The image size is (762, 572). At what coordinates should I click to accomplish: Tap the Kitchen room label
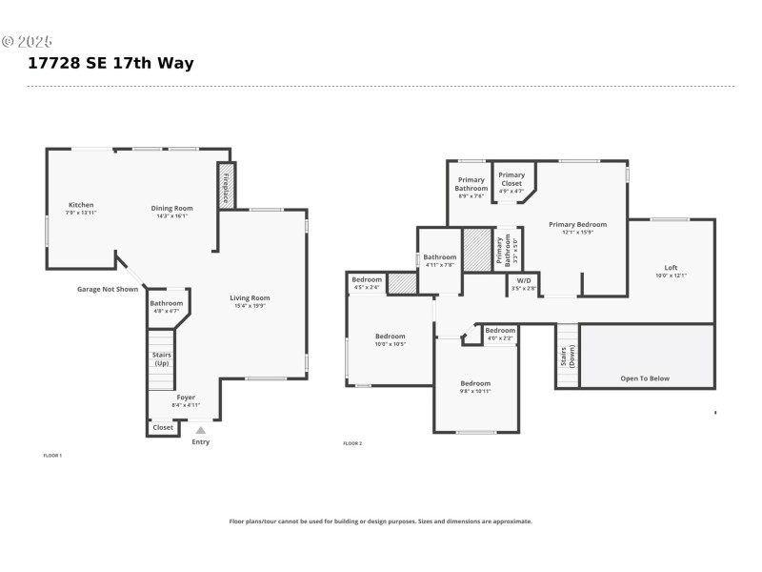tap(81, 205)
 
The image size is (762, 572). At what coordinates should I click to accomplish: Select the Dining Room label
tap(171, 208)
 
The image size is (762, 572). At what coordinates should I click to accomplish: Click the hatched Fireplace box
tap(227, 186)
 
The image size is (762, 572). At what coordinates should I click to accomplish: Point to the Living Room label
tap(250, 298)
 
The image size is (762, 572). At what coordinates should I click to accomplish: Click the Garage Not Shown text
tap(108, 289)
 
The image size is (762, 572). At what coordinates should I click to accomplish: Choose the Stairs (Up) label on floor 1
tap(162, 358)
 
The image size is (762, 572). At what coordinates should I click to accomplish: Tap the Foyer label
tap(186, 398)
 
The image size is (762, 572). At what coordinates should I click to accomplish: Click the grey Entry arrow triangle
tap(201, 430)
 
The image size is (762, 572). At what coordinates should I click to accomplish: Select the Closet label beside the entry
tap(163, 427)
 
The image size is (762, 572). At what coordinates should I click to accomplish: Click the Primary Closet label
tap(511, 175)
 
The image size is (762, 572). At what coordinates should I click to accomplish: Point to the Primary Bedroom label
tap(577, 224)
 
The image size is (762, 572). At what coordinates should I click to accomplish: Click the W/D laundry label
tap(524, 280)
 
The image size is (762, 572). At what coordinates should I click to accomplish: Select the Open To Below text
tap(645, 378)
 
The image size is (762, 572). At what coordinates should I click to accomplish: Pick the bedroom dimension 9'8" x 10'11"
tap(476, 391)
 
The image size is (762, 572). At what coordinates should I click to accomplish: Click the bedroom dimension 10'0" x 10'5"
tap(391, 344)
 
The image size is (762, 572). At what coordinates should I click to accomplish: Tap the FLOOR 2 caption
tap(352, 443)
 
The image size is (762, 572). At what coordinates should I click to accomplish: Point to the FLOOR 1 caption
tap(52, 456)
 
